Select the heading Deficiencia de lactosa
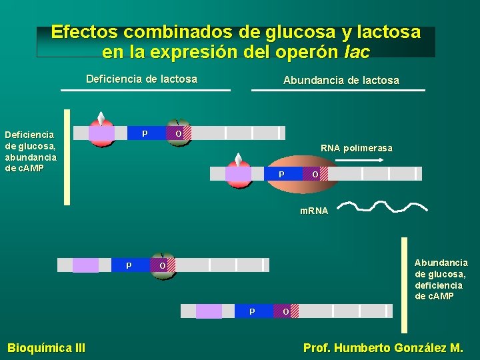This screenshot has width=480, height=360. (141, 79)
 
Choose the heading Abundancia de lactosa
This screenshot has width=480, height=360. (341, 80)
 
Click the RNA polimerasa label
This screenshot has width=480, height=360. (356, 148)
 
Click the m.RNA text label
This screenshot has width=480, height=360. (314, 211)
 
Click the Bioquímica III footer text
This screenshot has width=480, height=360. (46, 347)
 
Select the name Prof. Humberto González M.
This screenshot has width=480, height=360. (383, 347)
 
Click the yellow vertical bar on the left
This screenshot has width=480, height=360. (67, 157)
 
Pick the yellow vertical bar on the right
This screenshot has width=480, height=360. (404, 285)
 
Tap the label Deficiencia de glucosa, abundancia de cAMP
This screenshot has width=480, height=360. (31, 151)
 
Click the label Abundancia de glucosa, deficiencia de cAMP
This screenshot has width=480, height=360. (441, 279)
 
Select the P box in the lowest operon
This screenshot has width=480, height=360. (252, 311)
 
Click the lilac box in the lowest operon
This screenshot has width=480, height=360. (209, 311)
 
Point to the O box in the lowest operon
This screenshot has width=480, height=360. (285, 311)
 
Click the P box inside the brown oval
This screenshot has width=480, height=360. (281, 174)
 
